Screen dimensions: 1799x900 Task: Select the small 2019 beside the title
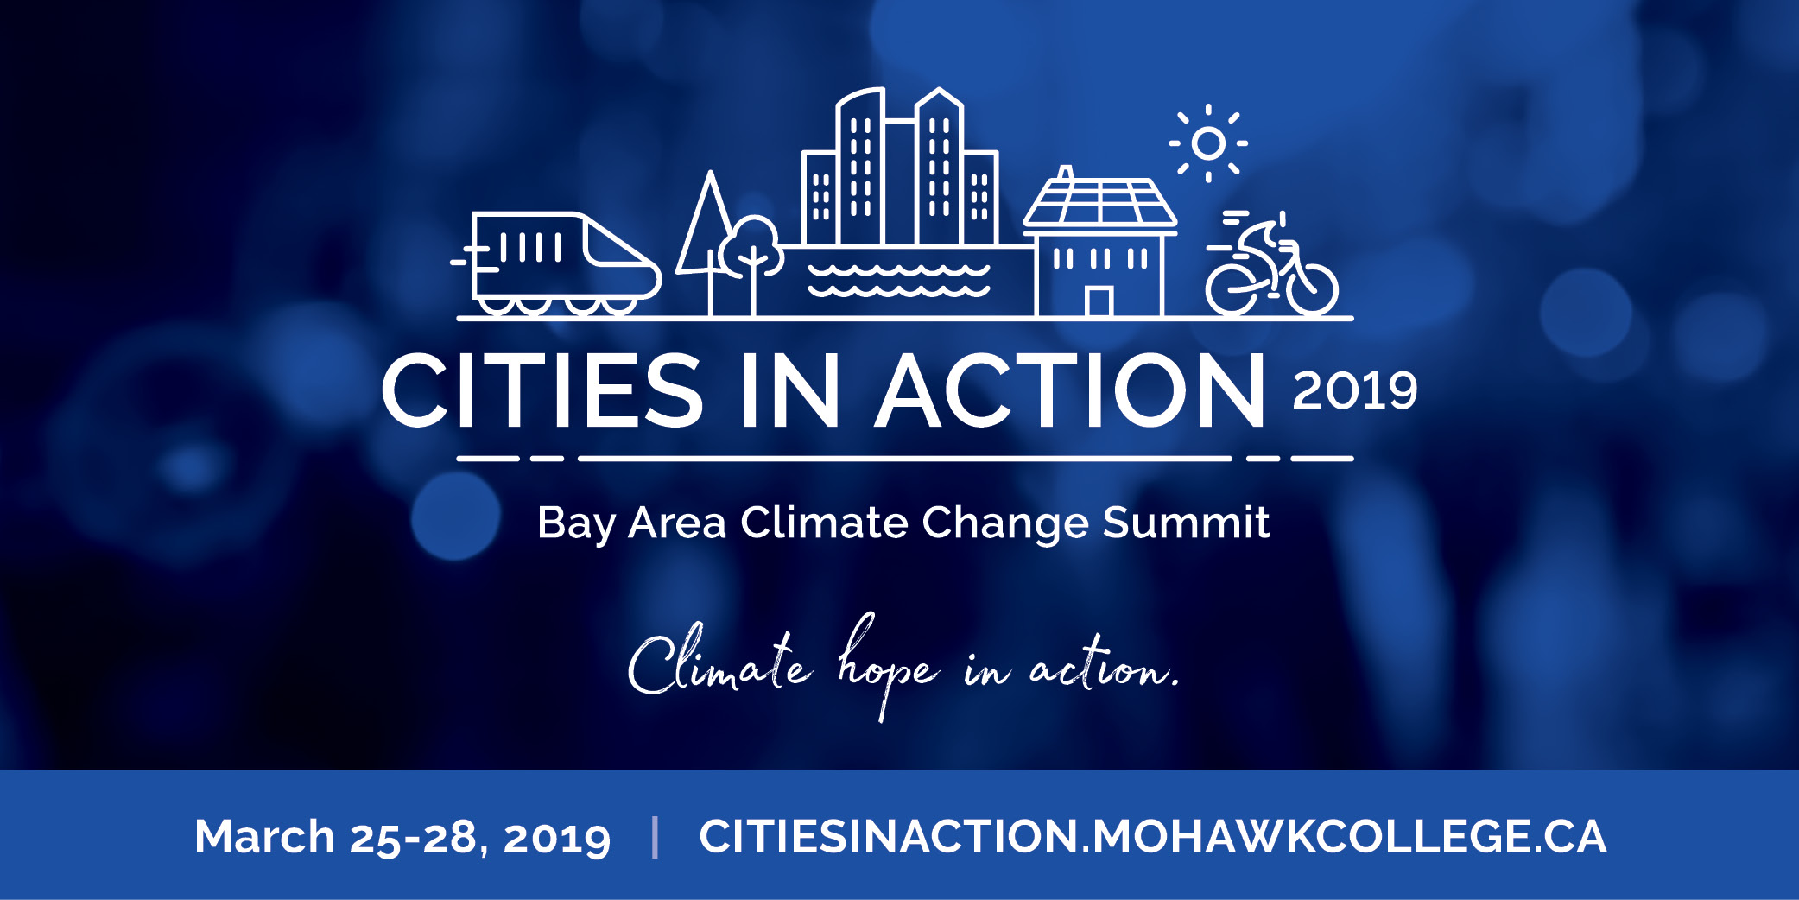[x=1355, y=390]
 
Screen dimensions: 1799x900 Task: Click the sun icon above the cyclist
[x=1208, y=143]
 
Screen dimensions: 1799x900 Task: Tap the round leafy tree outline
[x=751, y=247]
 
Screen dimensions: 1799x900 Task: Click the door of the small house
[x=1099, y=301]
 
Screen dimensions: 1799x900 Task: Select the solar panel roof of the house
[x=1100, y=203]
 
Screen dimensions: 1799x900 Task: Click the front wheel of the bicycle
[x=1311, y=288]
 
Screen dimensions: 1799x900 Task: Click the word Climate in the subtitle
[x=818, y=523]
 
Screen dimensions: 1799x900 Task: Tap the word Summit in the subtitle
[x=1186, y=523]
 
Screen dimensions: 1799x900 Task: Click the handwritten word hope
[x=887, y=666]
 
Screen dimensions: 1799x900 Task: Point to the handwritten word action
[x=1104, y=666]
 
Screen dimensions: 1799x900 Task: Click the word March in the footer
[x=264, y=836]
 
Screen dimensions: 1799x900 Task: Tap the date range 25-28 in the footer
[x=413, y=838]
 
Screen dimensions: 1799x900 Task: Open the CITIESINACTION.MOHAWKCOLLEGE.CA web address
[x=1153, y=836]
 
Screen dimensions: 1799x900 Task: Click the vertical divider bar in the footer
[x=656, y=837]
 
